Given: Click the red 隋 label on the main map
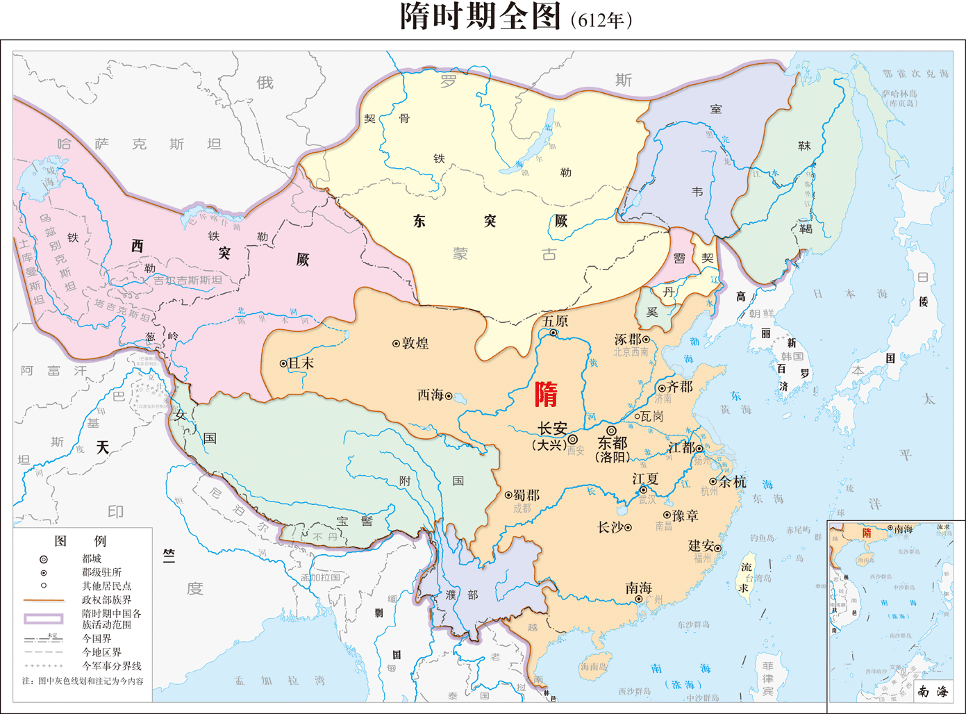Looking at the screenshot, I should [x=547, y=395].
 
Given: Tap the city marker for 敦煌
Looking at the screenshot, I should [x=396, y=343].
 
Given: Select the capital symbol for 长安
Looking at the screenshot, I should [x=573, y=439].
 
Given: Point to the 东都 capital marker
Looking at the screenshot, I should [x=611, y=431].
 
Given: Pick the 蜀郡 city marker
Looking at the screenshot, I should [x=508, y=495].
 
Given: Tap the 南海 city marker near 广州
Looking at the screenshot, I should [x=639, y=599].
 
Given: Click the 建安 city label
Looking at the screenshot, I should [x=701, y=546].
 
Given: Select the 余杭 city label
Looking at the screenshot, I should [x=733, y=481].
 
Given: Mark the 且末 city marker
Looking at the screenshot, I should [x=283, y=363].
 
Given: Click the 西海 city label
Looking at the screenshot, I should [x=430, y=395].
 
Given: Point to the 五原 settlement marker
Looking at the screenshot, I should [x=553, y=333].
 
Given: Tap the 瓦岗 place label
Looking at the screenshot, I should [x=651, y=416].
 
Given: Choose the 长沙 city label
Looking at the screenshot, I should [x=610, y=528].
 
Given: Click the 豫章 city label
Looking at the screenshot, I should [x=685, y=515].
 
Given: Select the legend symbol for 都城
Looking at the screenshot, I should [x=44, y=559].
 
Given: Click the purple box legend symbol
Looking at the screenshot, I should [x=44, y=618].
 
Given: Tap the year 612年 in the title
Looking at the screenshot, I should [x=601, y=20].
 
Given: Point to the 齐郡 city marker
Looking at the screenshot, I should [x=662, y=388].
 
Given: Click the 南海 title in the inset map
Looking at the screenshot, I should [x=933, y=691].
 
